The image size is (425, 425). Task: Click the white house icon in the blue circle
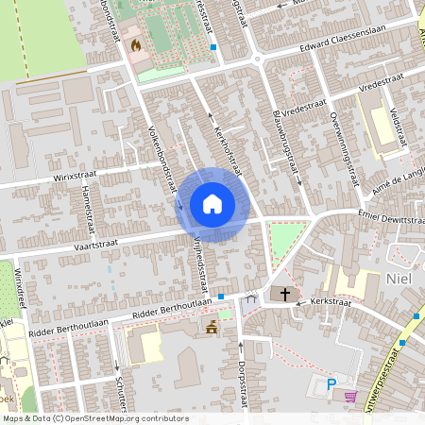click(212, 204)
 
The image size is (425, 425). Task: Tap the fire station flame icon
click(137, 44)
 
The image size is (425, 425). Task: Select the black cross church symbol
click(286, 295)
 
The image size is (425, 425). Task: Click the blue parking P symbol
click(331, 384)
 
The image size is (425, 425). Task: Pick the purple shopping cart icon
click(351, 398)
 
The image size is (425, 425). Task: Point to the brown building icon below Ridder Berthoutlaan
click(212, 327)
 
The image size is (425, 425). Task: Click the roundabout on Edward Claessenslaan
click(256, 59)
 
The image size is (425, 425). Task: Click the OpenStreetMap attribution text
click(95, 417)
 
